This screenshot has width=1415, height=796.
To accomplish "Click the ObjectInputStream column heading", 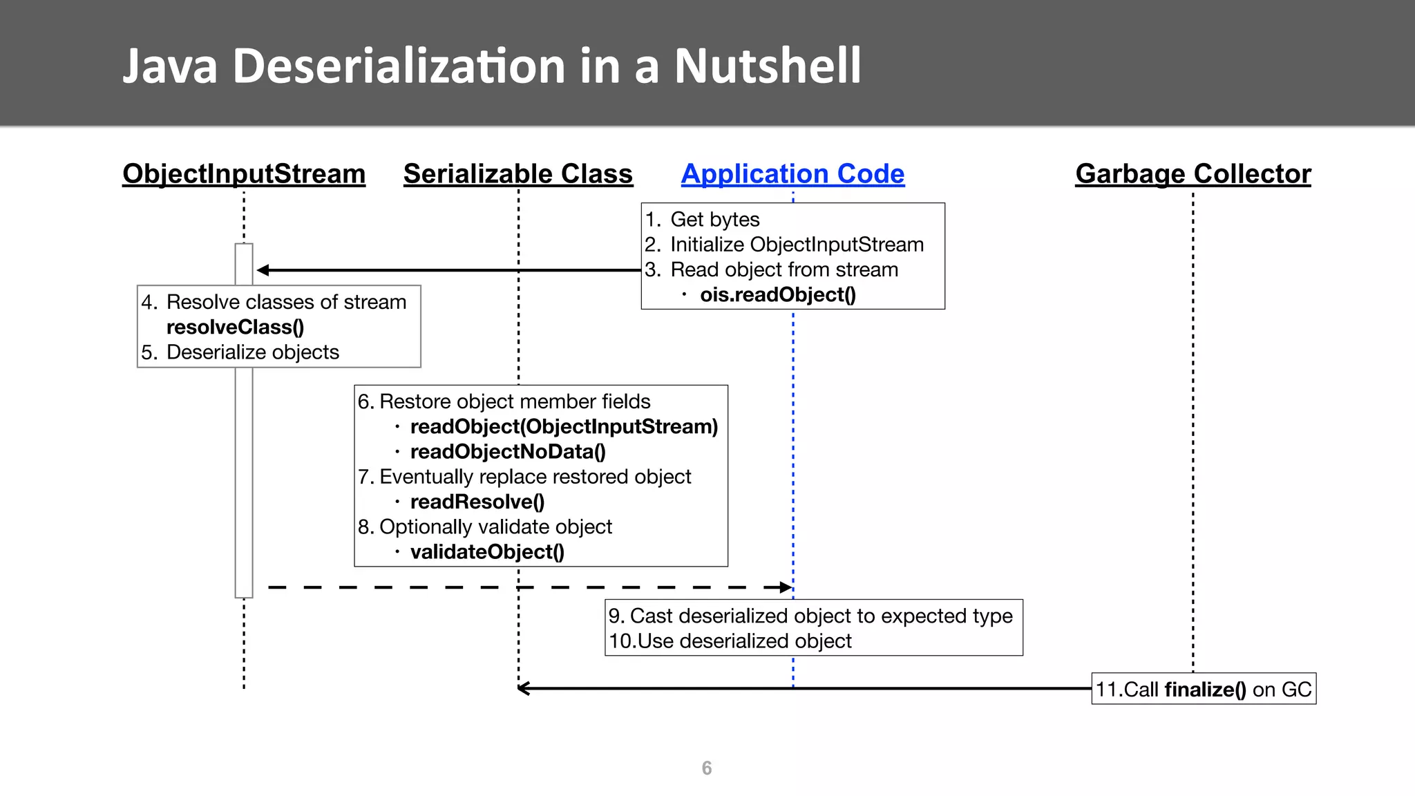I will pyautogui.click(x=244, y=173).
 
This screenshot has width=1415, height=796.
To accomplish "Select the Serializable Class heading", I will pyautogui.click(x=517, y=173).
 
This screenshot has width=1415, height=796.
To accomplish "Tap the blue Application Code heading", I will pyautogui.click(x=792, y=173).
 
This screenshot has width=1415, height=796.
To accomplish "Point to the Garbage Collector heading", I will pyautogui.click(x=1193, y=173).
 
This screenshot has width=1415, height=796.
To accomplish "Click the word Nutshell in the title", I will pyautogui.click(x=768, y=66).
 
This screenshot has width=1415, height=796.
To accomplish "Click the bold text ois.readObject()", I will pyautogui.click(x=777, y=295).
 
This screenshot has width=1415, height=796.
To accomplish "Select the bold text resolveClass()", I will pyautogui.click(x=235, y=327).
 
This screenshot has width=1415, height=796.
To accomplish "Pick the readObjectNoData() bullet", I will pyautogui.click(x=507, y=452).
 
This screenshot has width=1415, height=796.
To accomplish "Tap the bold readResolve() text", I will pyautogui.click(x=477, y=502).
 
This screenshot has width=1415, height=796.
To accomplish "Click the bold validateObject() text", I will pyautogui.click(x=487, y=552).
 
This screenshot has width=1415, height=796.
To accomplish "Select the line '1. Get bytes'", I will pyautogui.click(x=702, y=220).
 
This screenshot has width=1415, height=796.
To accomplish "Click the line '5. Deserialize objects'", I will pyautogui.click(x=240, y=352).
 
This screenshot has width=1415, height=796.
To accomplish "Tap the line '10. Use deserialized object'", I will pyautogui.click(x=730, y=641).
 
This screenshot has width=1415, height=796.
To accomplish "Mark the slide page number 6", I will pyautogui.click(x=706, y=768).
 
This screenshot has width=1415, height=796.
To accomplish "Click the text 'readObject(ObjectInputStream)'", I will pyautogui.click(x=564, y=427).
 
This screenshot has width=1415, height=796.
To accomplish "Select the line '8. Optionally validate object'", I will pyautogui.click(x=485, y=527).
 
